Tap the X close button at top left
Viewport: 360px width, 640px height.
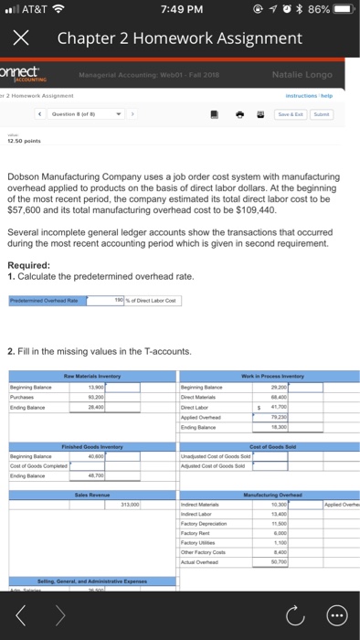[x=22, y=39]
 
